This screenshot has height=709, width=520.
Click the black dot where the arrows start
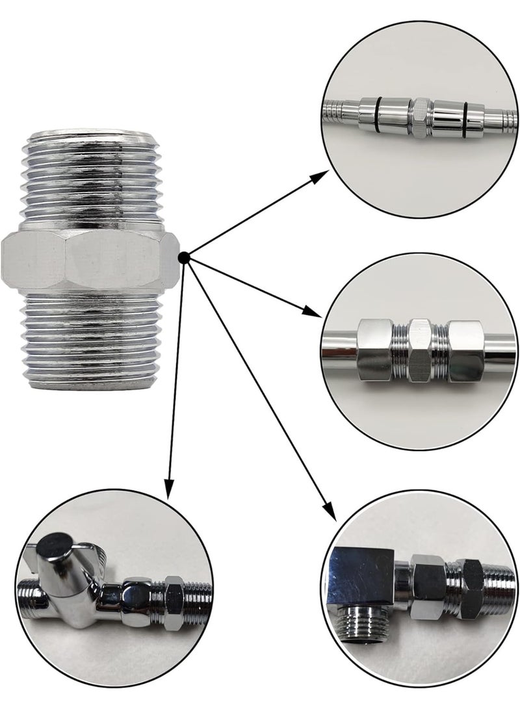[185, 258]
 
